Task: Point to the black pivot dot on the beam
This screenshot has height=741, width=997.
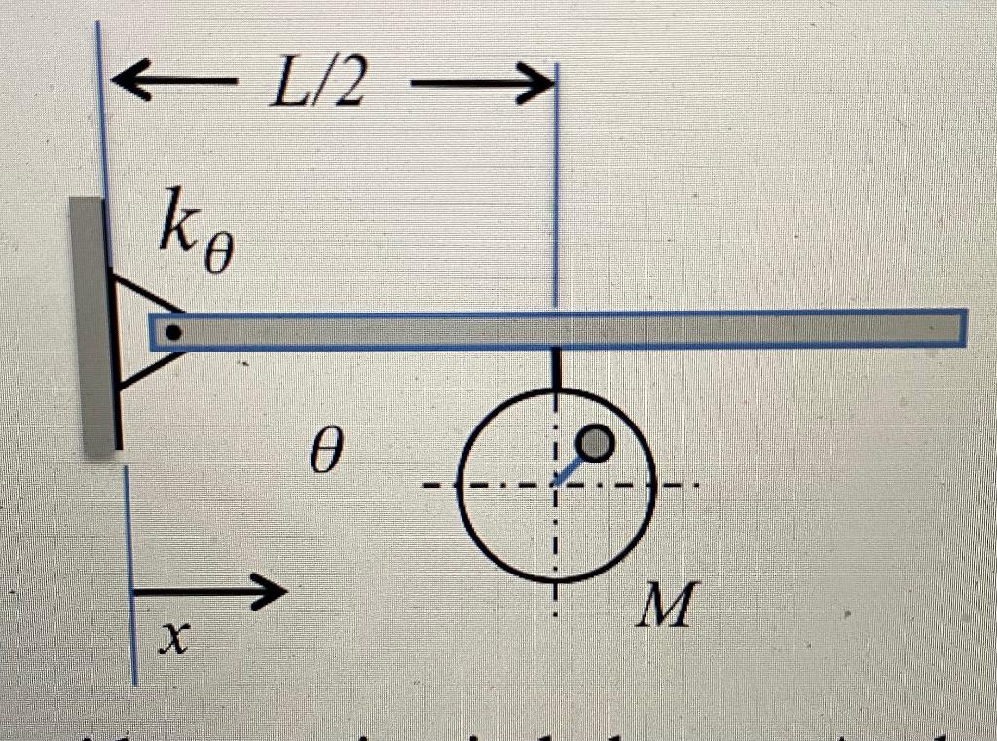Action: click(x=173, y=332)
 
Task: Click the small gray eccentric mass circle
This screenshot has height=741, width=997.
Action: click(x=595, y=444)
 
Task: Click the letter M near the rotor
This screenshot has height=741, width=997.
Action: click(x=666, y=607)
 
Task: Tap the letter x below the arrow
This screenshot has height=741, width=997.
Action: click(x=172, y=638)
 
